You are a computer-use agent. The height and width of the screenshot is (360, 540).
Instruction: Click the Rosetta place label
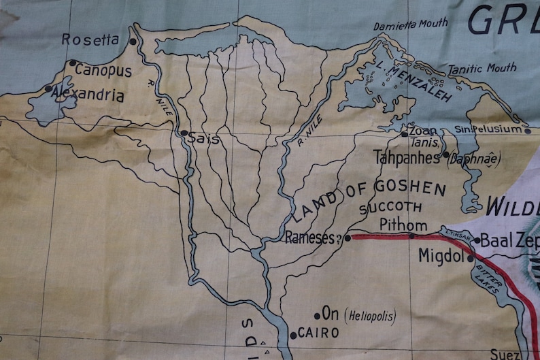click(x=90, y=39)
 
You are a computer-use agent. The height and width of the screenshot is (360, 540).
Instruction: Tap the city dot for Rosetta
click(x=133, y=42)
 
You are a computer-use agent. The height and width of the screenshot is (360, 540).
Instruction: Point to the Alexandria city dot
click(x=48, y=88)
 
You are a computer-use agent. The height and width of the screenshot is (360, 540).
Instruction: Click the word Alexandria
click(x=90, y=96)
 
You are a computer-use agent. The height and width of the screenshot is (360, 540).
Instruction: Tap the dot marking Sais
click(x=183, y=133)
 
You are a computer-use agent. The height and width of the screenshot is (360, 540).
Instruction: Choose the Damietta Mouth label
click(x=411, y=24)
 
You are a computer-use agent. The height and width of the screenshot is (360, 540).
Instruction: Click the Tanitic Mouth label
click(x=482, y=69)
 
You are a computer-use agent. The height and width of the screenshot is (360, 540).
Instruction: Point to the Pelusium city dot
click(x=528, y=130)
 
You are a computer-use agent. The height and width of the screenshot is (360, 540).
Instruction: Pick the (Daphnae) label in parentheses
click(x=471, y=157)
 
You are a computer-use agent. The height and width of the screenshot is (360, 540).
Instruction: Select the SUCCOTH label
click(x=394, y=207)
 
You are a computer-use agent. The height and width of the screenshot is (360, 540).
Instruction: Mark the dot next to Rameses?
click(x=348, y=238)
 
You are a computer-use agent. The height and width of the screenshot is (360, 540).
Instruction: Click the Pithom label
click(x=403, y=225)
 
